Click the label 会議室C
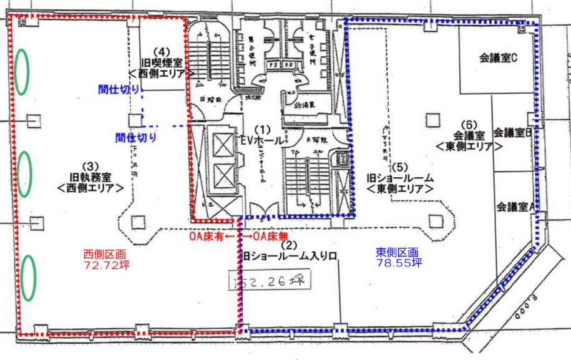(x=499, y=58)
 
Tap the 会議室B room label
(x=512, y=132)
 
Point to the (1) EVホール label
(x=263, y=136)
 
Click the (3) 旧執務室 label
(x=90, y=177)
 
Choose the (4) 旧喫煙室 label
(x=162, y=62)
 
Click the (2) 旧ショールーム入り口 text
(x=290, y=250)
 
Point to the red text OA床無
(x=270, y=237)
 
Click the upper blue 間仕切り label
(x=119, y=89)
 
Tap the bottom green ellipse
(x=27, y=278)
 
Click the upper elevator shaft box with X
(x=222, y=145)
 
